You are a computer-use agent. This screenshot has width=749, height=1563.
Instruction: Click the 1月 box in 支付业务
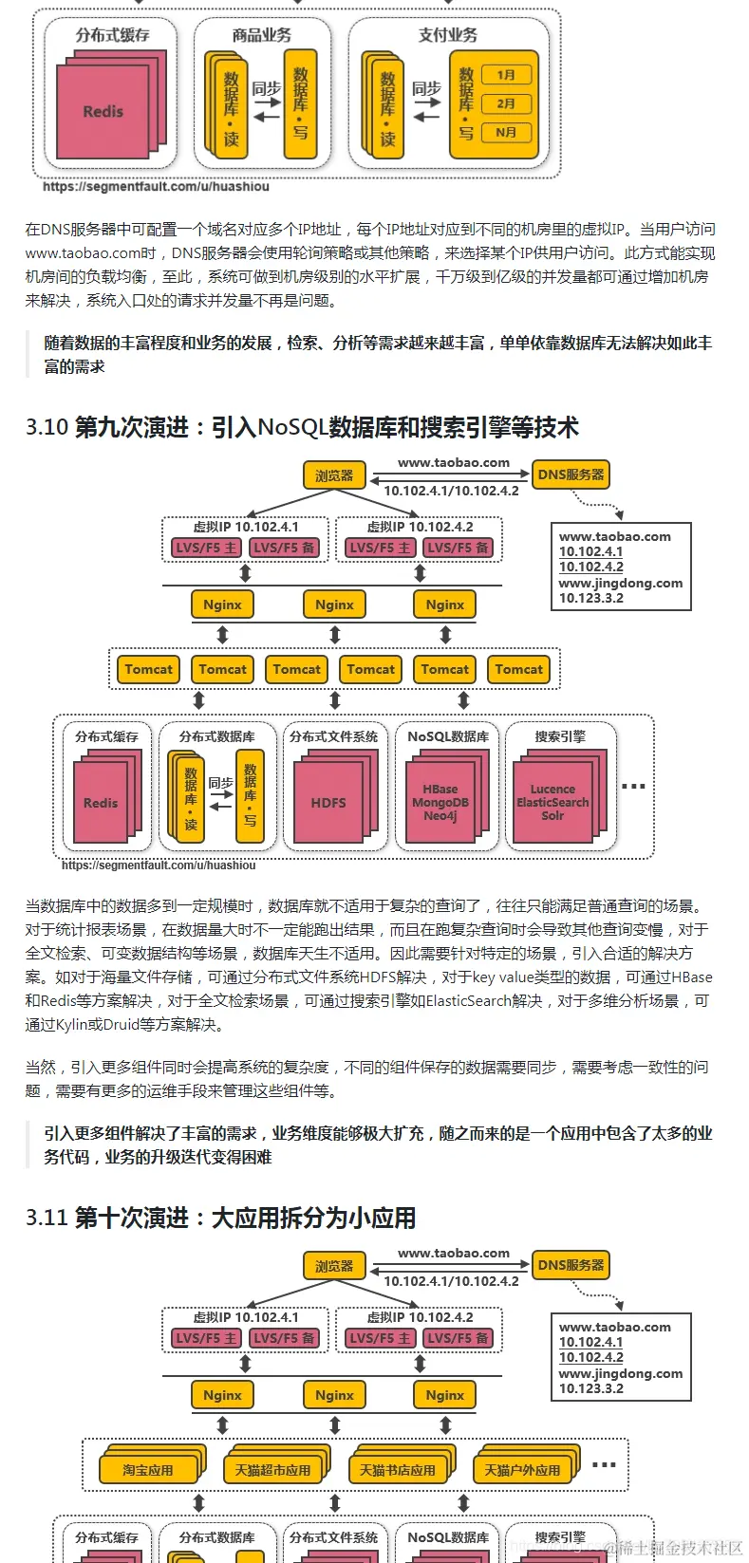coord(506,75)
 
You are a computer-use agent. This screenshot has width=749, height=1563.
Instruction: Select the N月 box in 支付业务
coord(506,133)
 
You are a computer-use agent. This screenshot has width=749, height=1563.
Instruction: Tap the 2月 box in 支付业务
coord(506,103)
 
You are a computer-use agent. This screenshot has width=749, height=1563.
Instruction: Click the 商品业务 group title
coord(261,35)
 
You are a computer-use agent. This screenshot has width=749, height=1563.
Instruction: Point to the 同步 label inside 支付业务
coord(426,88)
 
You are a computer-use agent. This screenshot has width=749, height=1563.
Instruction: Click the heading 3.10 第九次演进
coord(302,427)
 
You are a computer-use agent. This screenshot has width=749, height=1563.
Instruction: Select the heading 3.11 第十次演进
coord(220,1218)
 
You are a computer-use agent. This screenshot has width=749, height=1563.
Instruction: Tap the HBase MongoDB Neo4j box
coord(440,803)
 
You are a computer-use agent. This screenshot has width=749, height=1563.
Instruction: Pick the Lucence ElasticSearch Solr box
coord(552,803)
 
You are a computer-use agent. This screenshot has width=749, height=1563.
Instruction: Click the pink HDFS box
coord(328,803)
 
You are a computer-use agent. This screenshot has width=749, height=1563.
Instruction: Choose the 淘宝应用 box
coord(148,1470)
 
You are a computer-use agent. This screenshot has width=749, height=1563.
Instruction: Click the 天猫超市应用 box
coord(272,1470)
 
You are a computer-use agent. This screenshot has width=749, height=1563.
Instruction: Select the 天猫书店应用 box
coord(397,1470)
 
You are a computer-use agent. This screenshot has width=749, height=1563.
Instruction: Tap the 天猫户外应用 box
coord(522,1470)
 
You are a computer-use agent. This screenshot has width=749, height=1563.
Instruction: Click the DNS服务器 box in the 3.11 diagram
coord(571,1265)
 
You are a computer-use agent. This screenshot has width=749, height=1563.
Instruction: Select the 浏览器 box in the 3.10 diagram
coord(334,475)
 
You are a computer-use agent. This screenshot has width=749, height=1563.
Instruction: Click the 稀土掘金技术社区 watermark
coord(677,1548)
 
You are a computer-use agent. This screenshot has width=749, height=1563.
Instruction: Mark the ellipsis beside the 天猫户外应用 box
coord(604,1465)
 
